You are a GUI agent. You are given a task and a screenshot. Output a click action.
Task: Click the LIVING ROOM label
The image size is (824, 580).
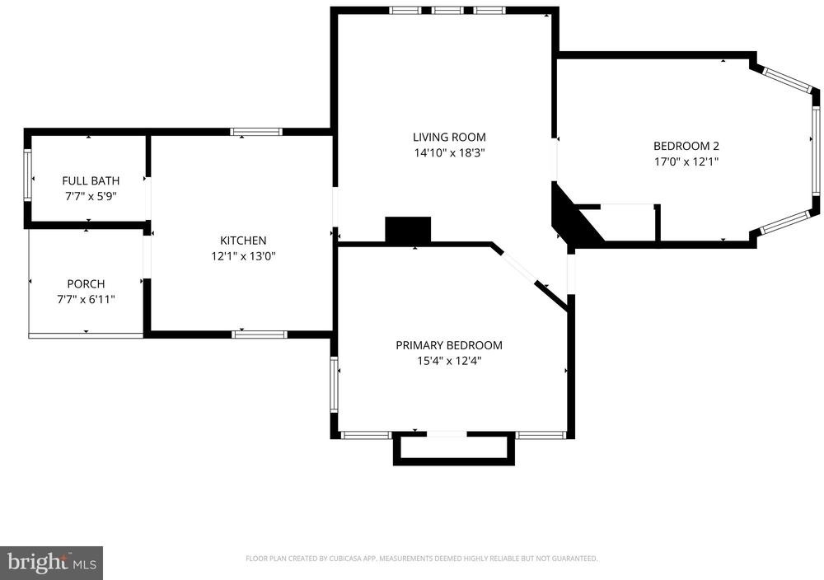[x=449, y=137]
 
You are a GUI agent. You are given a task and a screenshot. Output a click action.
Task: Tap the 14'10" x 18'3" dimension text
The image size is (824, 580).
[x=449, y=153]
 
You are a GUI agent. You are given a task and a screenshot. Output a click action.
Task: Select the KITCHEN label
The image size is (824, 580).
[x=243, y=241]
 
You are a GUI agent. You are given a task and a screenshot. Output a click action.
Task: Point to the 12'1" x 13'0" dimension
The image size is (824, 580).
[x=243, y=256]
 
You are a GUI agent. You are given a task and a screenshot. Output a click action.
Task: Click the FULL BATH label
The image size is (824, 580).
[x=91, y=180]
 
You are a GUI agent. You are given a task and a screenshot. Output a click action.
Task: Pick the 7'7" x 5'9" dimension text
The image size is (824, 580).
[x=91, y=196]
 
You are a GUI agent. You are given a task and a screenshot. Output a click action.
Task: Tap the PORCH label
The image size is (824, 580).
[x=87, y=283]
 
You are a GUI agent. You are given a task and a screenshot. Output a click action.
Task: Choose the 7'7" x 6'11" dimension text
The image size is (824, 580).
[x=87, y=299]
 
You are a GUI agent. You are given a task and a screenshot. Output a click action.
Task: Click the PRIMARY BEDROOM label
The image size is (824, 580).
[x=449, y=345]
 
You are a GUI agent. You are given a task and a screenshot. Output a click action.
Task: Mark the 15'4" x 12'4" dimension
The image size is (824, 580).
[x=449, y=361]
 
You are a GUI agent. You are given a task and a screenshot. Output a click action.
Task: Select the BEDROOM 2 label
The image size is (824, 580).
[x=686, y=146]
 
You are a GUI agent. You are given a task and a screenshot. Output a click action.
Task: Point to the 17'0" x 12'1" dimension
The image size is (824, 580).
[x=686, y=161]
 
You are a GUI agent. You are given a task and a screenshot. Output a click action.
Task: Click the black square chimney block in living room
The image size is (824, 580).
[x=409, y=230]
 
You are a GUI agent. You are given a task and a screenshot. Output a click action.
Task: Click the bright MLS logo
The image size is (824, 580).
[x=51, y=564]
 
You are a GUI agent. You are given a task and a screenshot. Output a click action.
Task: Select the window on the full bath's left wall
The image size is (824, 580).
[x=27, y=175]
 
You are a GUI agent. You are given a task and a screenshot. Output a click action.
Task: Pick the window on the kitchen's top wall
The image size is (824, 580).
[x=256, y=132]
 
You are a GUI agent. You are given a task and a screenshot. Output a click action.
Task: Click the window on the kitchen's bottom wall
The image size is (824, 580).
[x=260, y=334]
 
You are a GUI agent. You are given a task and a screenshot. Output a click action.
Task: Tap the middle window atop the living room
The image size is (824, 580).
[x=447, y=10]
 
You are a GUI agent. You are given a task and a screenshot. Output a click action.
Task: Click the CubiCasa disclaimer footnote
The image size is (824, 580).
[x=421, y=559]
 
